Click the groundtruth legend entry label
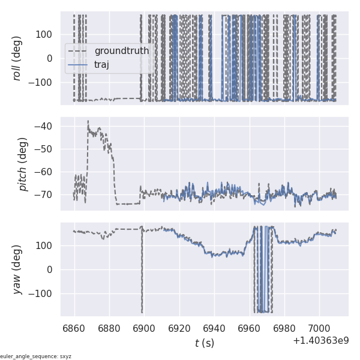pyautogui.click(x=121, y=51)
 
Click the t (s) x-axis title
pyautogui.click(x=205, y=343)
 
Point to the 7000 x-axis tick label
pyautogui.click(x=319, y=329)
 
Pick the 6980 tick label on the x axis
pyautogui.click(x=284, y=329)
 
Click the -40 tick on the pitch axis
pyautogui.click(x=46, y=127)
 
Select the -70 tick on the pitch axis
pyautogui.click(x=46, y=195)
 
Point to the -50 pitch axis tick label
pyautogui.click(x=46, y=149)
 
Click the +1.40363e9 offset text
pyautogui.click(x=320, y=341)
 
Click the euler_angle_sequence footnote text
pyautogui.click(x=36, y=356)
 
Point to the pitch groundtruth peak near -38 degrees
pyautogui.click(x=88, y=121)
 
